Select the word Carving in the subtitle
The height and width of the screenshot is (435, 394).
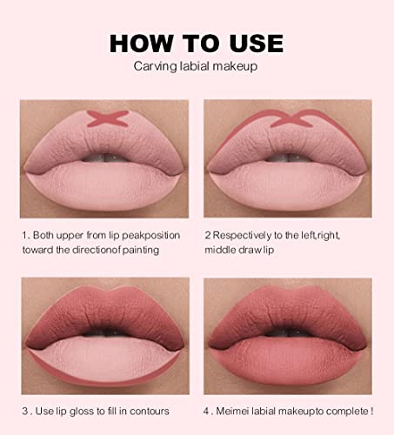153,67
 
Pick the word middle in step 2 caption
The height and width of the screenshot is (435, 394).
220,249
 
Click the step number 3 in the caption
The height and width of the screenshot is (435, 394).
24,410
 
